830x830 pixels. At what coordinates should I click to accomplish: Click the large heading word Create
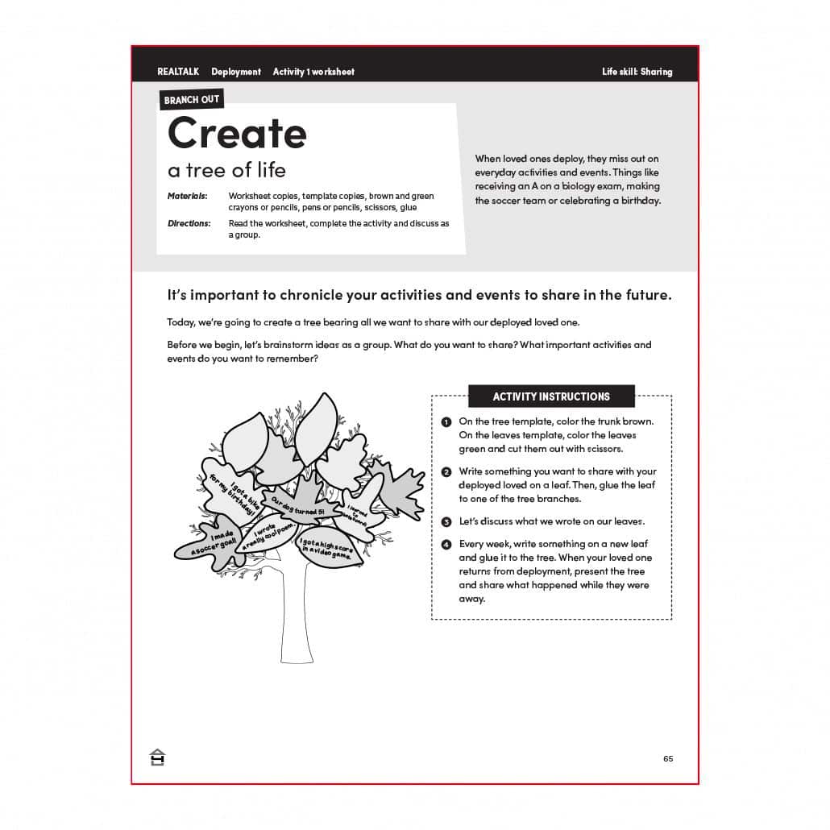coord(237,133)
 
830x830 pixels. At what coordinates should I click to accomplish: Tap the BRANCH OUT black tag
coord(191,100)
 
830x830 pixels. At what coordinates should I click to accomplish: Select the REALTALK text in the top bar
coord(178,72)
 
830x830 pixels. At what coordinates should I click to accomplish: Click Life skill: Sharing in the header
coord(637,72)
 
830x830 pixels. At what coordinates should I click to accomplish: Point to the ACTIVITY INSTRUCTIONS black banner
coord(551,396)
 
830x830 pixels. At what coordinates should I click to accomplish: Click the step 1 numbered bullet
coord(446,422)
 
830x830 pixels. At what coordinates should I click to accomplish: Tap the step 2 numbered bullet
coord(446,472)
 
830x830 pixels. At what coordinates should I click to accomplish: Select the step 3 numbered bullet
coord(446,522)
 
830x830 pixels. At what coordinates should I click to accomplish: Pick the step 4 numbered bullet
coord(446,545)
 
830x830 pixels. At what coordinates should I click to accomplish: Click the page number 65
coord(668,758)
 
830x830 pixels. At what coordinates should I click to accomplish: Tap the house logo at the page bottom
coord(157,757)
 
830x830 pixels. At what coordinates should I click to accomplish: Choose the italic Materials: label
coord(187,196)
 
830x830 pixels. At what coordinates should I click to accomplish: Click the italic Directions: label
coord(189,223)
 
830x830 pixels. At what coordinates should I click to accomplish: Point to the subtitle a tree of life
coord(226,171)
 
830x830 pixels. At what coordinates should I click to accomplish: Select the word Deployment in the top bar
coord(236,72)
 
